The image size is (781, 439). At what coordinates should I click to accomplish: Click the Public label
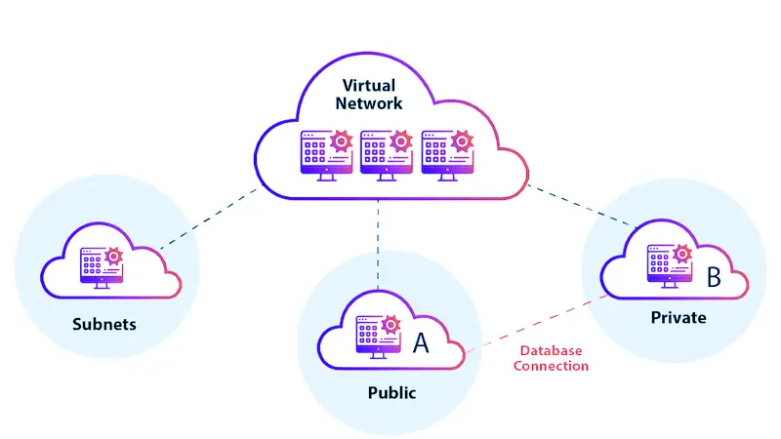tap(391, 393)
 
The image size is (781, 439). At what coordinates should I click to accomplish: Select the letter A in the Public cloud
tap(421, 342)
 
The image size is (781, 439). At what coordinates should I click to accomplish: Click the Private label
tap(678, 318)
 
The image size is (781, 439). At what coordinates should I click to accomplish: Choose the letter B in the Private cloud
tap(713, 277)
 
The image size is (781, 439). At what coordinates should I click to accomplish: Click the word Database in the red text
tap(551, 350)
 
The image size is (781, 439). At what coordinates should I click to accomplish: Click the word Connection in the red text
tap(551, 366)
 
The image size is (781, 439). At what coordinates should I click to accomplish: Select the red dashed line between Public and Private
tap(532, 325)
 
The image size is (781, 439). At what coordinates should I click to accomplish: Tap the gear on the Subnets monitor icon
tap(113, 256)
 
